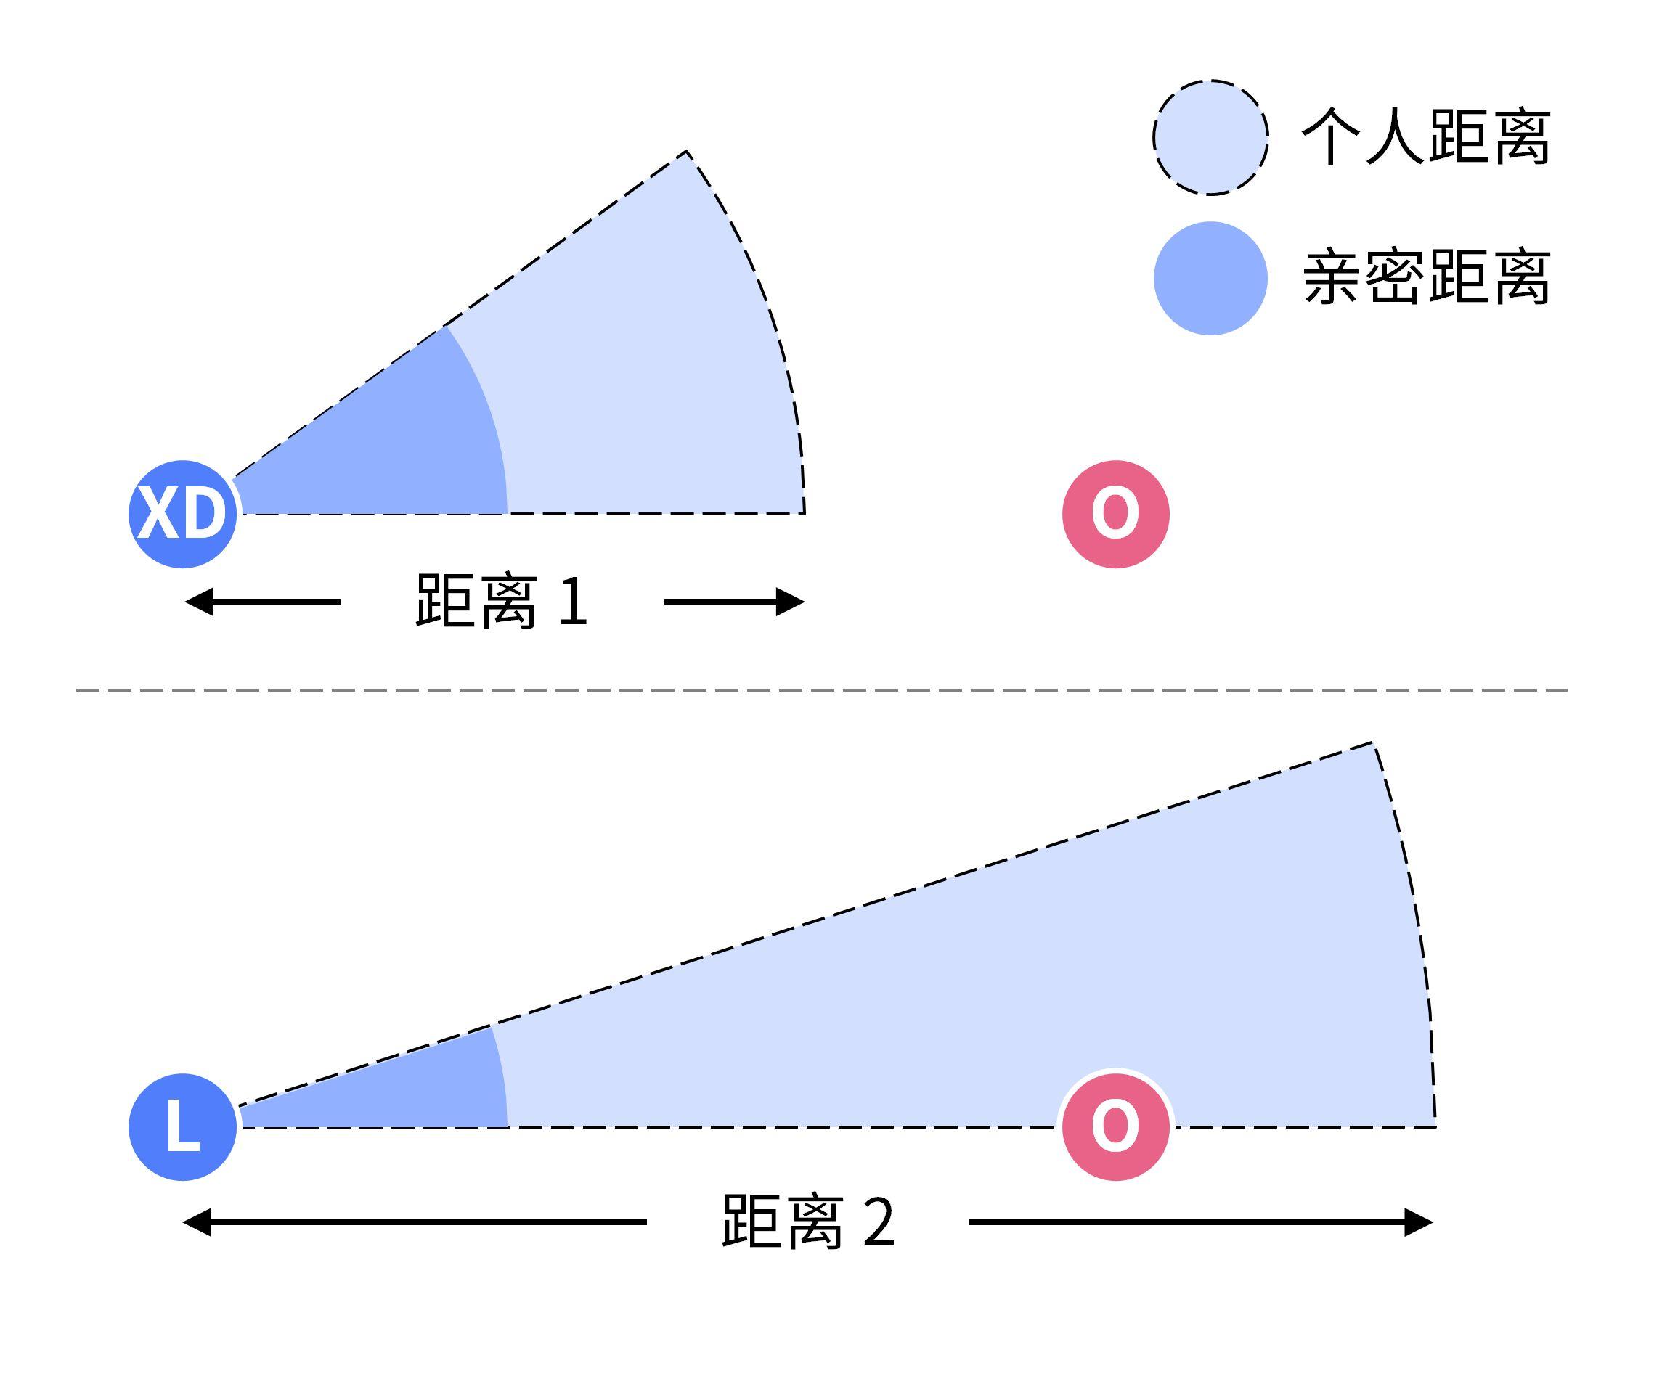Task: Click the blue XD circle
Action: click(x=183, y=514)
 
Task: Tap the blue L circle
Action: click(x=183, y=1127)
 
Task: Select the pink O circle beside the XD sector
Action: click(x=1115, y=514)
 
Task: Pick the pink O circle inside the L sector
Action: click(x=1115, y=1126)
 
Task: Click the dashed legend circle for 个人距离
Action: click(x=1210, y=137)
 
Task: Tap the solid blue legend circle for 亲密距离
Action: click(x=1210, y=278)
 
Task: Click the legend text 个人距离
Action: click(x=1426, y=137)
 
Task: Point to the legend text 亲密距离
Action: click(x=1426, y=278)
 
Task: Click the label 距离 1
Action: click(x=501, y=602)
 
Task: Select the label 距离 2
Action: click(x=808, y=1222)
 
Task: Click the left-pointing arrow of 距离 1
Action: click(x=262, y=602)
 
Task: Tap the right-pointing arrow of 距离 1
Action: click(x=734, y=602)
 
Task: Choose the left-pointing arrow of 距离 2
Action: click(x=413, y=1222)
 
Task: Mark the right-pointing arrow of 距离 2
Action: click(x=1199, y=1222)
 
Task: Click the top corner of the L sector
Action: click(x=1372, y=742)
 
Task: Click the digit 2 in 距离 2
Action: click(x=879, y=1222)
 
